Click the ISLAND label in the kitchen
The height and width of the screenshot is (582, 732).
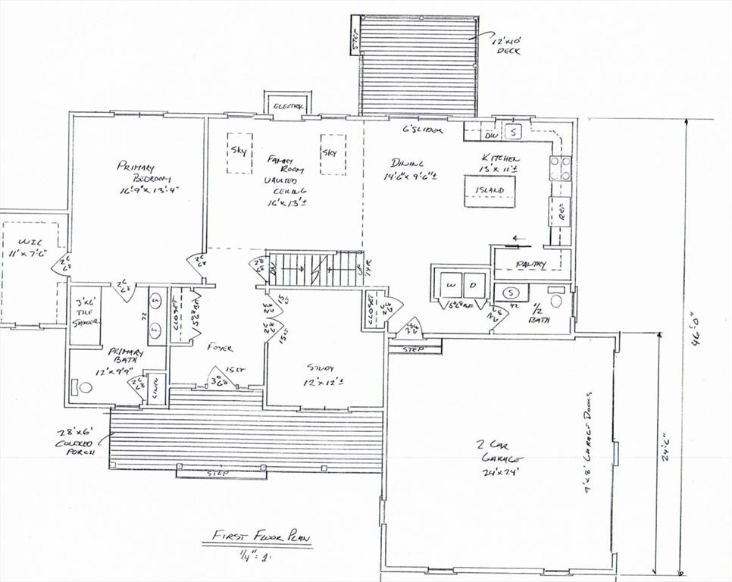tap(489, 190)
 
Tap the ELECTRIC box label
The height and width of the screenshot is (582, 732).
tap(288, 107)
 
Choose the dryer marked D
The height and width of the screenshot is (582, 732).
tap(473, 285)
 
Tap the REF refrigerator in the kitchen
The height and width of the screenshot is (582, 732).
tap(560, 215)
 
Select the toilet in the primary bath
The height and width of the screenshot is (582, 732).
tap(83, 387)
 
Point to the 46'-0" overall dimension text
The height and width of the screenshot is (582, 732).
tap(696, 330)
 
